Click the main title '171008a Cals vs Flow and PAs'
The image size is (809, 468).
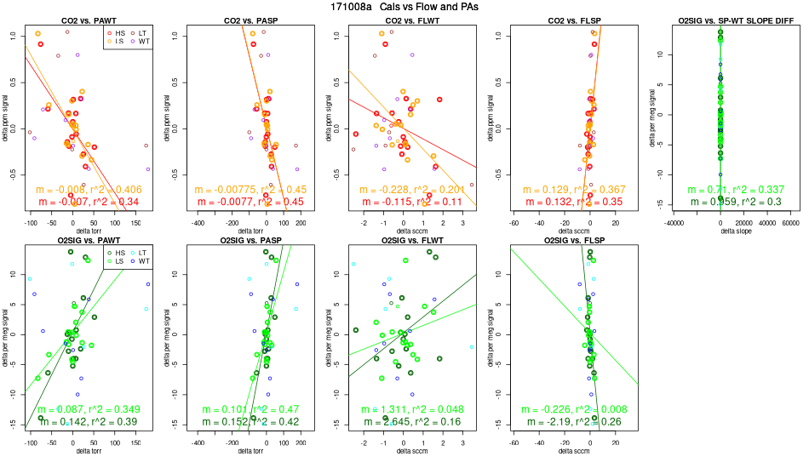pyautogui.click(x=404, y=7)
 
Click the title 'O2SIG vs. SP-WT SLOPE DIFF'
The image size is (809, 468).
pyautogui.click(x=720, y=20)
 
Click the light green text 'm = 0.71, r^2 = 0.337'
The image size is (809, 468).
pyautogui.click(x=720, y=190)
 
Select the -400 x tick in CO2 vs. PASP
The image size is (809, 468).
pyautogui.click(x=198, y=221)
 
